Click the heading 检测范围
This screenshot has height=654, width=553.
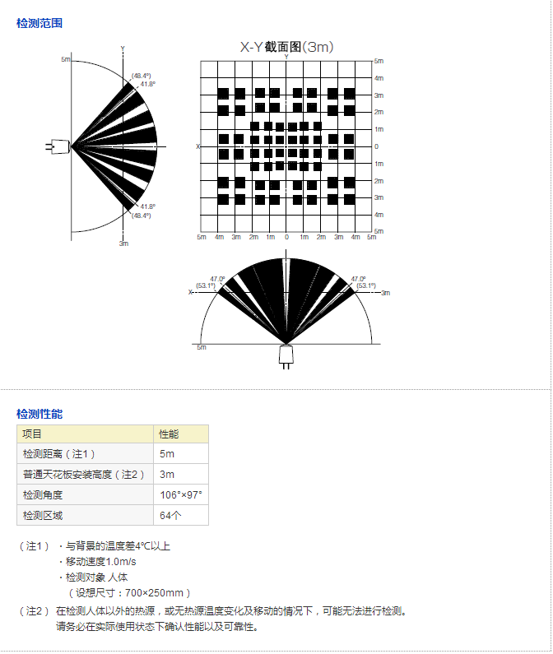point(39,23)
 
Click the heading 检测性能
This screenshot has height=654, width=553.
point(39,414)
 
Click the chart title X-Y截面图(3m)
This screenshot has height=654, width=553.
point(286,48)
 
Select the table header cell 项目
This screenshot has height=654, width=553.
point(32,434)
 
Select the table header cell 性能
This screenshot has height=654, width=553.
point(169,434)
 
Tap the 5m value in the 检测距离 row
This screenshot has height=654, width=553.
point(167,453)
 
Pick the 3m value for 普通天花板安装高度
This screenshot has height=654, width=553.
point(167,474)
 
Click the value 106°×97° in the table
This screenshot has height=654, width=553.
point(181,494)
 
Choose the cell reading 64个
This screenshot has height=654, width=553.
point(170,515)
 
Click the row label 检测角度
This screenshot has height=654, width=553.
point(43,494)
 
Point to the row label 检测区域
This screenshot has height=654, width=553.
point(43,515)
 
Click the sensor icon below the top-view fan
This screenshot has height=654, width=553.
point(286,355)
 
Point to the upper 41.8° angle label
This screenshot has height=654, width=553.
point(148,84)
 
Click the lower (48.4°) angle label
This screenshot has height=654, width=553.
point(142,216)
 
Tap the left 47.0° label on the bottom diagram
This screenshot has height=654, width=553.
point(218,279)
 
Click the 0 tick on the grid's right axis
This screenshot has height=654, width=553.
point(376,146)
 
